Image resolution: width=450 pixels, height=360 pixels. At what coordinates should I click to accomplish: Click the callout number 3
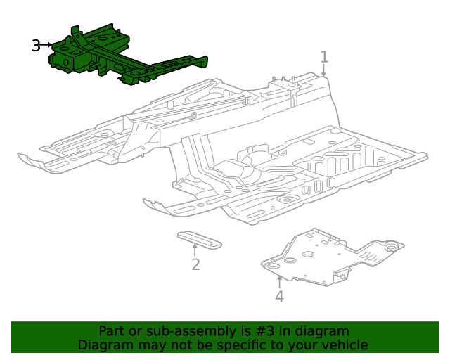[x=37, y=46]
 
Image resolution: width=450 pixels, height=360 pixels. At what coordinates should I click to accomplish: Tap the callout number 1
[x=324, y=56]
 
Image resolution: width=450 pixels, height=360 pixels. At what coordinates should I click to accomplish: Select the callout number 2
[x=195, y=264]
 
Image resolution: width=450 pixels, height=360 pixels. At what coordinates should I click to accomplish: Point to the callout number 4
[x=279, y=296]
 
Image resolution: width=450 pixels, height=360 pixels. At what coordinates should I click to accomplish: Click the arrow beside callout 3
[x=49, y=45]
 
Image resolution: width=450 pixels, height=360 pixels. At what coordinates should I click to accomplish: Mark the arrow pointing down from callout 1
[x=324, y=71]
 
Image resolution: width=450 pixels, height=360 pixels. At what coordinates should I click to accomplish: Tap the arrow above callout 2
[x=195, y=249]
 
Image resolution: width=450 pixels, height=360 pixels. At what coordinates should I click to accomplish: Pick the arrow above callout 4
[x=279, y=281]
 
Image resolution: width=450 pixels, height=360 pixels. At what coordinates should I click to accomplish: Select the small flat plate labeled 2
[x=198, y=238]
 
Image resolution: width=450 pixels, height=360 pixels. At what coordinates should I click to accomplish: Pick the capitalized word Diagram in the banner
[x=104, y=345]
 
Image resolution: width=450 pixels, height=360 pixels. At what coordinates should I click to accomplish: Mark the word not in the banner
[x=188, y=345]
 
